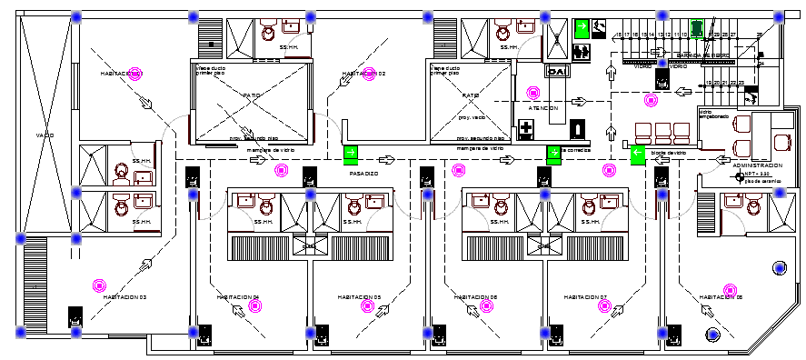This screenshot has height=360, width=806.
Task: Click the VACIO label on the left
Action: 45,135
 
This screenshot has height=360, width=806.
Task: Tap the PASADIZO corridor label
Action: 363,173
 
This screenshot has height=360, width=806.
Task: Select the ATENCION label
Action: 543,108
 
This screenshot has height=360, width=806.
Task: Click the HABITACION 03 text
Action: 125,297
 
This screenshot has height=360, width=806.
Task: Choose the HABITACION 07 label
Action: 584,297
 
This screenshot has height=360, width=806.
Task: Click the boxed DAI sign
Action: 556,70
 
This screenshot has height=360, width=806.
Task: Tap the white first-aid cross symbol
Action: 527,130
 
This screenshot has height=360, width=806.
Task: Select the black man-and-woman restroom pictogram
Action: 599,28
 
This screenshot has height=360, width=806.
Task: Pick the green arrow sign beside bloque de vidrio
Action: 637,155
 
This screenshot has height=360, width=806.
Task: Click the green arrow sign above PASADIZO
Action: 350,154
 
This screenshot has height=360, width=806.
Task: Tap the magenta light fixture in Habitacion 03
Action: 96,285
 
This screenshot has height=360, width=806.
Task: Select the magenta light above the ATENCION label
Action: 533,92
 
